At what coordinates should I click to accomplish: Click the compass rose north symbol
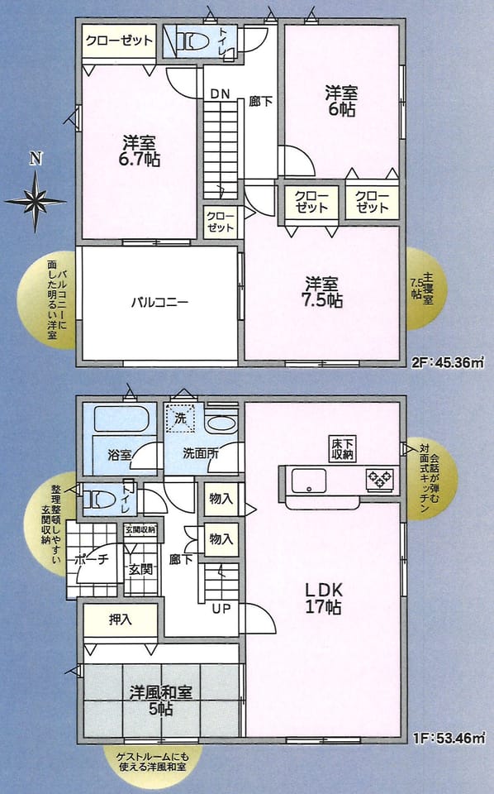(36, 201)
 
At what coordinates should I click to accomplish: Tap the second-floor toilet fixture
(191, 41)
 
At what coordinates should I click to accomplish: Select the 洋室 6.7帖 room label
(139, 151)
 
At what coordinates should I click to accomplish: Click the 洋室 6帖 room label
(341, 101)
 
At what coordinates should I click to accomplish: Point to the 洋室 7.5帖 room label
(321, 292)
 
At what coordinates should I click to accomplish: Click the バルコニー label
(159, 303)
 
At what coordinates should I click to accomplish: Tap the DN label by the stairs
(220, 93)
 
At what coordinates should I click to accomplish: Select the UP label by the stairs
(221, 609)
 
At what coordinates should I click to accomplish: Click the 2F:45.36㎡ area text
(448, 362)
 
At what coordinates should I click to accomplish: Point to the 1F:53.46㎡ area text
(449, 739)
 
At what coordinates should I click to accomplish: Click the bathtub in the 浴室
(121, 419)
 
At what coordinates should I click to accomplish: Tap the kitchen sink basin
(308, 480)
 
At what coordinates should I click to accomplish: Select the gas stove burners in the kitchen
(380, 480)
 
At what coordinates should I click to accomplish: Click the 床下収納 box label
(342, 448)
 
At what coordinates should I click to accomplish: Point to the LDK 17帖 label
(323, 598)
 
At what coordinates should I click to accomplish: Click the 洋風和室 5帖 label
(161, 701)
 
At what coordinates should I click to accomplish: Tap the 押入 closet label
(121, 619)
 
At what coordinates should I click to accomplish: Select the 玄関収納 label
(140, 530)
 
